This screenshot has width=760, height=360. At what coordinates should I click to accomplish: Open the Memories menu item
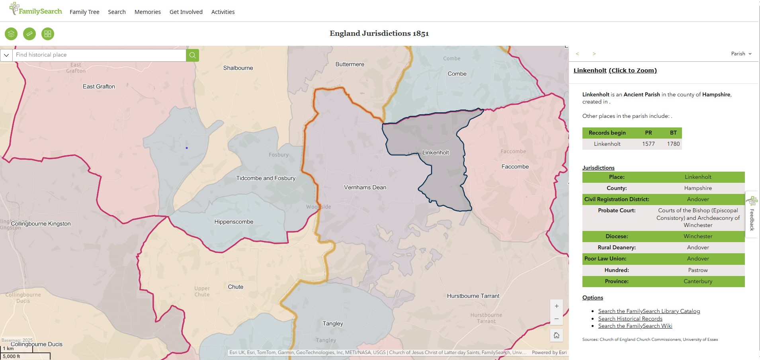[x=147, y=12]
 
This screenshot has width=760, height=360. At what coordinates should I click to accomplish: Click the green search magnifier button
[x=192, y=55]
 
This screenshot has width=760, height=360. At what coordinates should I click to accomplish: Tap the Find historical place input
[x=99, y=55]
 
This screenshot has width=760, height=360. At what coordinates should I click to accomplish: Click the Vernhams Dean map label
[x=365, y=187]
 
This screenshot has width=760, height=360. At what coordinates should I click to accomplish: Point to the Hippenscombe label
[x=234, y=222]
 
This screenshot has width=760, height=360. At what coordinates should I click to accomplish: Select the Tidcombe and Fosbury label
[x=266, y=178]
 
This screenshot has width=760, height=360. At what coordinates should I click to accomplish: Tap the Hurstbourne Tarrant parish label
[x=473, y=296]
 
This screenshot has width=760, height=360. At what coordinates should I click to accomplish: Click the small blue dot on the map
[x=187, y=148]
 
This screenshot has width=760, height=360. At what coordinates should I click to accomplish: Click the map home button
[x=556, y=335]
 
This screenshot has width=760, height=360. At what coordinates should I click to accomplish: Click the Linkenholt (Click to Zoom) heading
[x=615, y=70]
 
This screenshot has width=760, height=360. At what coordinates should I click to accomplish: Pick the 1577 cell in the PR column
[x=648, y=144]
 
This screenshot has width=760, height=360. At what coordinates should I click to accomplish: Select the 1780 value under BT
[x=673, y=144]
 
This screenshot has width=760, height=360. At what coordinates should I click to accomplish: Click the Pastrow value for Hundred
[x=697, y=270]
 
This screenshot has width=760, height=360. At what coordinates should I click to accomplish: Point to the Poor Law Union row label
[x=605, y=258]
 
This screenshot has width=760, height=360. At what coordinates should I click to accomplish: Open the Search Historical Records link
[x=630, y=319]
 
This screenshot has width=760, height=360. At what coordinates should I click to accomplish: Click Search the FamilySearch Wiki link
[x=635, y=326]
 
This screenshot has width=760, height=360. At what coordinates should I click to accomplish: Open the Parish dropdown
[x=741, y=54]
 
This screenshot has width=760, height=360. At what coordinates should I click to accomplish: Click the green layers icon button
[x=11, y=34]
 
